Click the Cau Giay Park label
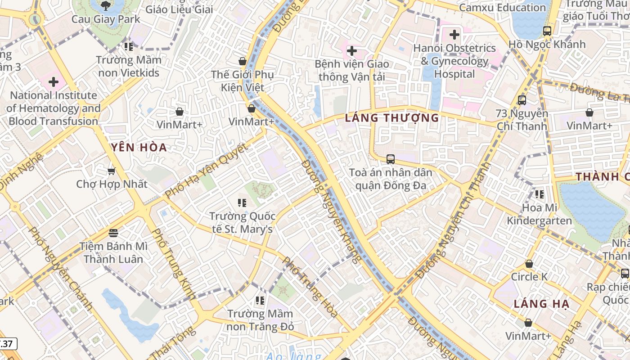106,20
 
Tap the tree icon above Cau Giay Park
106,6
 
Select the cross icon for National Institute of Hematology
54,82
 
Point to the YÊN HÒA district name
139,148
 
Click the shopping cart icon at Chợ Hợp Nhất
111,171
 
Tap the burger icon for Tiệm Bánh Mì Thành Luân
113,233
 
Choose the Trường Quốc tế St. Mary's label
242,223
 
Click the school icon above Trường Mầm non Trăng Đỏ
260,300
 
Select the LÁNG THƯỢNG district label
391,118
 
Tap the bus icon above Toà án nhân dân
390,159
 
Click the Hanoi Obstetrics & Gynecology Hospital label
454,61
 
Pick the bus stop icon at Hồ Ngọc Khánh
547,31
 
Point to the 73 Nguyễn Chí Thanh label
522,120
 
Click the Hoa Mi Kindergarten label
539,214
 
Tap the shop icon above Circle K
529,264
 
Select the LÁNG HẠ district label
541,304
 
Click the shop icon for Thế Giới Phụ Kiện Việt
243,61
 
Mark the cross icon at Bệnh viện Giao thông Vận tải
352,51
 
